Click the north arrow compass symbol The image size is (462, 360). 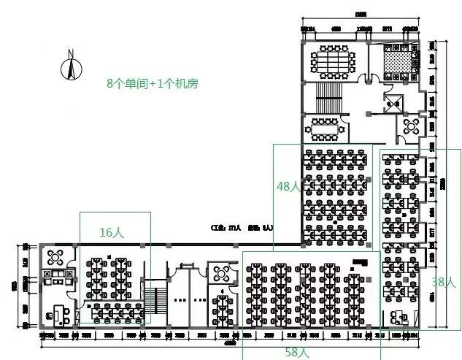(71, 69)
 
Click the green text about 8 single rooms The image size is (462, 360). (152, 83)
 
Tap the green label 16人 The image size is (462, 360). (112, 231)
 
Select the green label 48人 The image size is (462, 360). (288, 186)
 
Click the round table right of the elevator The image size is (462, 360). (409, 129)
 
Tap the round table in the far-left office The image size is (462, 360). (55, 257)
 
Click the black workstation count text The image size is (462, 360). (242, 228)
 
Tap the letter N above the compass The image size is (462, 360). (71, 53)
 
